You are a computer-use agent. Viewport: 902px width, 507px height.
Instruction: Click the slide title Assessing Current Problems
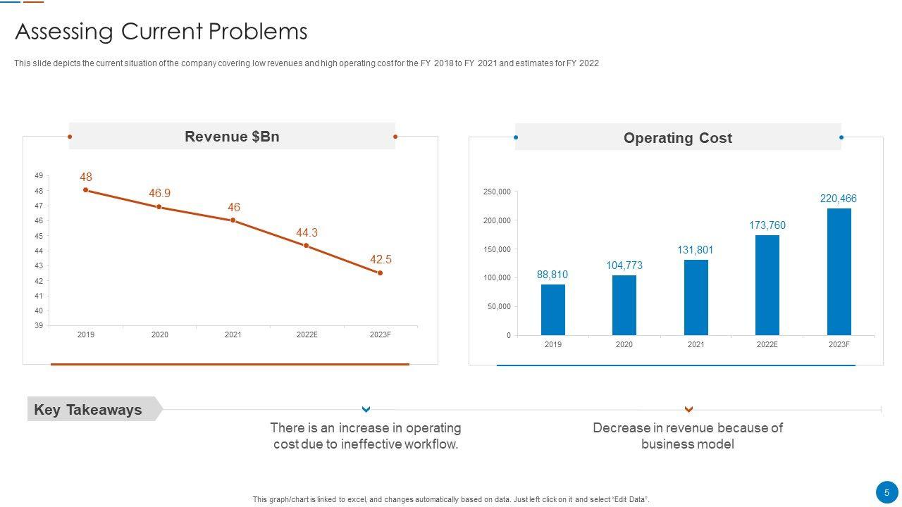click(x=161, y=32)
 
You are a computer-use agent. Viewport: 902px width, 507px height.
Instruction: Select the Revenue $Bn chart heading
click(x=232, y=137)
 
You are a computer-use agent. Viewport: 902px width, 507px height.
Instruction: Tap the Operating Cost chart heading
click(x=677, y=138)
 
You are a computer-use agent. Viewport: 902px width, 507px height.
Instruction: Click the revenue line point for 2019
click(x=86, y=190)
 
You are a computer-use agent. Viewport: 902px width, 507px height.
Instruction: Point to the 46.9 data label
click(x=159, y=193)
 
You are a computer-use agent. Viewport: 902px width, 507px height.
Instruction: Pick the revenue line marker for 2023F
click(x=380, y=273)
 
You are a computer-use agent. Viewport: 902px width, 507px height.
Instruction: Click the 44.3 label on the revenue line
click(x=307, y=232)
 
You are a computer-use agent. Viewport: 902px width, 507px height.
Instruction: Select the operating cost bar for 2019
click(x=553, y=309)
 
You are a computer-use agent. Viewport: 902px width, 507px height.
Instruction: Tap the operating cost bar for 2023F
click(x=839, y=271)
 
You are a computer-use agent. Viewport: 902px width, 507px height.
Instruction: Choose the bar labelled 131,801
click(x=696, y=297)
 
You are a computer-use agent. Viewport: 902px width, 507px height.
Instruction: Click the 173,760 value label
click(x=767, y=225)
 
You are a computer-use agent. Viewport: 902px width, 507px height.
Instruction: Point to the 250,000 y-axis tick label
click(x=497, y=192)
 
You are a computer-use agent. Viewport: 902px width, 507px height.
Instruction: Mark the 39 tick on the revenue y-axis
click(x=39, y=325)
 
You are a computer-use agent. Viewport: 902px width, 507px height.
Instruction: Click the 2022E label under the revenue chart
click(x=307, y=334)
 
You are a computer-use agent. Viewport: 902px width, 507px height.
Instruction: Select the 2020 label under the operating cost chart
click(x=624, y=344)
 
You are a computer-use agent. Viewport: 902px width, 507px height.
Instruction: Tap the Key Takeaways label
click(x=88, y=410)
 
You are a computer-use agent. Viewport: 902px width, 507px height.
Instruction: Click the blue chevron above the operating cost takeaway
click(x=366, y=409)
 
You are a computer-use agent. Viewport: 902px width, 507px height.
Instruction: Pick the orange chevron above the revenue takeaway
click(x=688, y=409)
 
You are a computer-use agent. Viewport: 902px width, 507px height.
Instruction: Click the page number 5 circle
click(x=886, y=493)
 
